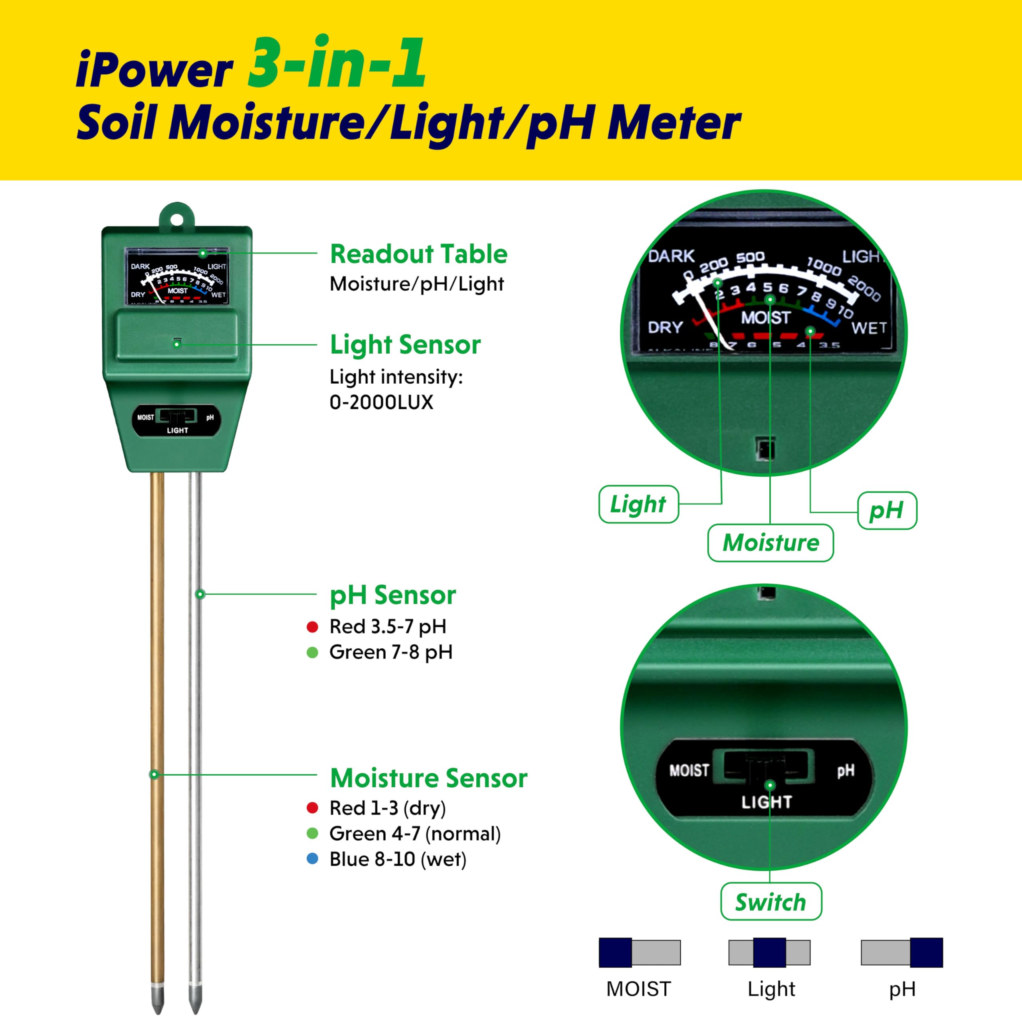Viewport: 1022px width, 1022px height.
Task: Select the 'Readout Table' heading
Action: [418, 254]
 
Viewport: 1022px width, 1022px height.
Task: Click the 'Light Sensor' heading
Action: [405, 345]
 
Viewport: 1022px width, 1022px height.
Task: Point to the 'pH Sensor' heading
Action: [392, 595]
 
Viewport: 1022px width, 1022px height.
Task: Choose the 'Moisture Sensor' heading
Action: [428, 778]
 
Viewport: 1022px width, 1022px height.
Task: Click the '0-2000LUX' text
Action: [381, 402]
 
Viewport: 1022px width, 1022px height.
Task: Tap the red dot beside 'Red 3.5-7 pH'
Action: [312, 627]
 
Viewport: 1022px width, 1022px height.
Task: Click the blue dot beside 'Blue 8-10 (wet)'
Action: [312, 859]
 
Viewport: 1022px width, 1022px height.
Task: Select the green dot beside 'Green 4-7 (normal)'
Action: [312, 833]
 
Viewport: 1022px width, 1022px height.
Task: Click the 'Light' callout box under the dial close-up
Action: [638, 504]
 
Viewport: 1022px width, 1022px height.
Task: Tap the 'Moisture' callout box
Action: [770, 543]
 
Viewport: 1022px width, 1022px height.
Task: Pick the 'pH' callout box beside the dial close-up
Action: [887, 511]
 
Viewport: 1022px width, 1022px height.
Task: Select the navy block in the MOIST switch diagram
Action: [615, 953]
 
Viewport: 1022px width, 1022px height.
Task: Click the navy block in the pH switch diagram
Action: [926, 953]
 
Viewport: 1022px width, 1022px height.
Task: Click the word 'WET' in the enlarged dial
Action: [869, 328]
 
